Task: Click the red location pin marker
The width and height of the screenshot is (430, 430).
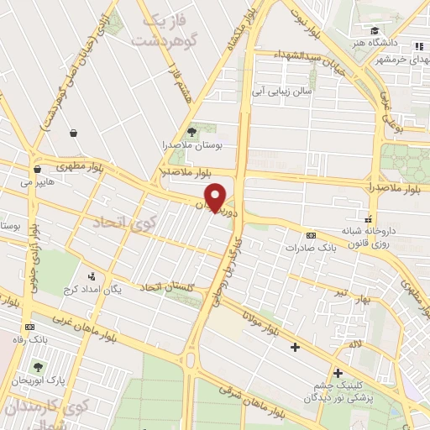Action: [x=217, y=197]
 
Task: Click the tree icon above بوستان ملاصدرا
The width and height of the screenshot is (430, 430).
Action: [x=192, y=131]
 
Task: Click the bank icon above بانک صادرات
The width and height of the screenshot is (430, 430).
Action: [x=312, y=236]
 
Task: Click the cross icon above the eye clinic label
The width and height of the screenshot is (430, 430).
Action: [x=338, y=373]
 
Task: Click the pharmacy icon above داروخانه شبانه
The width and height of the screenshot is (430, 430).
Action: [x=370, y=214]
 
